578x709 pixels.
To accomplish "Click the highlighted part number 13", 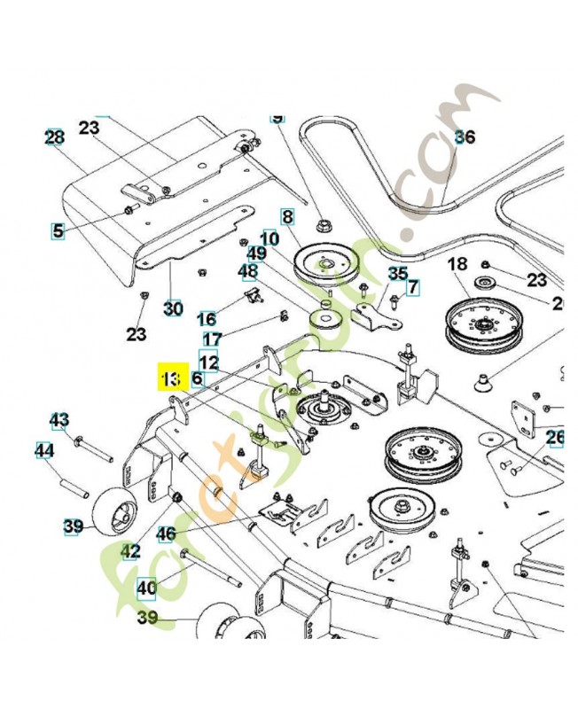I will click(169, 378).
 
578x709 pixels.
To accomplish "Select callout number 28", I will click(54, 137).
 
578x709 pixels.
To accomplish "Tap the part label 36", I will click(465, 137).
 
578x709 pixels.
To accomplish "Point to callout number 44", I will click(44, 451).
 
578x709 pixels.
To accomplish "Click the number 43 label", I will click(59, 419).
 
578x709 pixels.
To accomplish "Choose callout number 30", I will click(173, 308).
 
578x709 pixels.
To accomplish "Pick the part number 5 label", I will click(59, 232).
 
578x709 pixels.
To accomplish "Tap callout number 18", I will click(457, 264).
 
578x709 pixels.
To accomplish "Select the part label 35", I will click(398, 274).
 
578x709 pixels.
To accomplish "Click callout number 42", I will click(130, 551).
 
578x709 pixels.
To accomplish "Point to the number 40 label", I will click(146, 587).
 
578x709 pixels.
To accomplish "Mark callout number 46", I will click(167, 534).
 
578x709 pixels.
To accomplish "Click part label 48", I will click(248, 271).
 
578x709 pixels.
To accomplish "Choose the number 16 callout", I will click(206, 319).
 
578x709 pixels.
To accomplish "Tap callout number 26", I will click(555, 438).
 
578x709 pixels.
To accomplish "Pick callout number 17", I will click(212, 339).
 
